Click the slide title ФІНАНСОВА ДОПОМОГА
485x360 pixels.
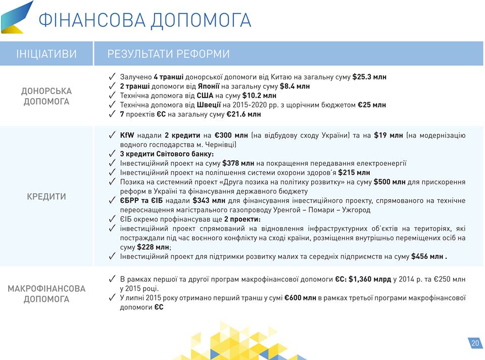145,20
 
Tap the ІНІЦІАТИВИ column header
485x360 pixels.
46,54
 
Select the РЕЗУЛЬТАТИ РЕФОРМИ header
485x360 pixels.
169,54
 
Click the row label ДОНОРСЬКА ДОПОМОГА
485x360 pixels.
46,96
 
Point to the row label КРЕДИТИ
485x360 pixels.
46,197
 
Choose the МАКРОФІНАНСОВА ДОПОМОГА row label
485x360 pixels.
46,294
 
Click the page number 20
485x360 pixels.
475,343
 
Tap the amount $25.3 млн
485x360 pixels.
369,77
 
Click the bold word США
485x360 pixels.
205,96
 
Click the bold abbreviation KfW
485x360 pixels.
127,136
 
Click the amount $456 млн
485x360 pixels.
427,257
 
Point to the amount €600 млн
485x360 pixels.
300,298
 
